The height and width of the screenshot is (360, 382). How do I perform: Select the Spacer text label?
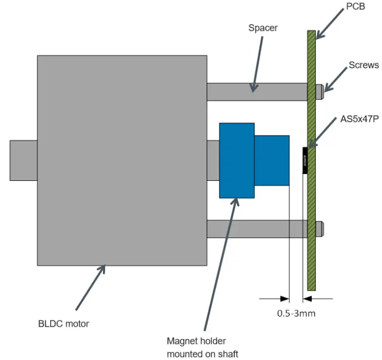click(263, 28)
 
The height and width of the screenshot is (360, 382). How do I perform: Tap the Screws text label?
click(364, 65)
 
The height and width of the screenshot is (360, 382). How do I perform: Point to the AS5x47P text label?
click(359, 119)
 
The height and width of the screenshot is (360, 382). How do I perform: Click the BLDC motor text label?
click(63, 324)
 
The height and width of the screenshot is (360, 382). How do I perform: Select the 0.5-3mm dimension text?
click(296, 313)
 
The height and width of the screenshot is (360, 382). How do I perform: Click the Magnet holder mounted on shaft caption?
click(203, 347)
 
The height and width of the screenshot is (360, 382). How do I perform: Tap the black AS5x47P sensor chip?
click(305, 160)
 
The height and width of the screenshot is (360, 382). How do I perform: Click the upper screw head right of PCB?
click(320, 92)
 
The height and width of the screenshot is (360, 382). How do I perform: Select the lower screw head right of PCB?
click(320, 229)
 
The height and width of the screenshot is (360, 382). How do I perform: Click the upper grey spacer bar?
click(256, 92)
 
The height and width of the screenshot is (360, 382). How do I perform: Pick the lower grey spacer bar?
click(256, 229)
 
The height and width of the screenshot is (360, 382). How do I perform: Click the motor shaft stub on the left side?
click(24, 160)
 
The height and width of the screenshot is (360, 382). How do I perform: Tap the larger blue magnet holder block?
click(236, 160)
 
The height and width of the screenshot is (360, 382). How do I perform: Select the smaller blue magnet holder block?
click(272, 160)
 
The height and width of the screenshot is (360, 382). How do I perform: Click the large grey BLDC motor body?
click(122, 160)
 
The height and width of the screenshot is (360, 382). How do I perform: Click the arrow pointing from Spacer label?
click(258, 64)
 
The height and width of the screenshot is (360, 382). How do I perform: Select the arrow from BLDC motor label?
click(90, 288)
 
